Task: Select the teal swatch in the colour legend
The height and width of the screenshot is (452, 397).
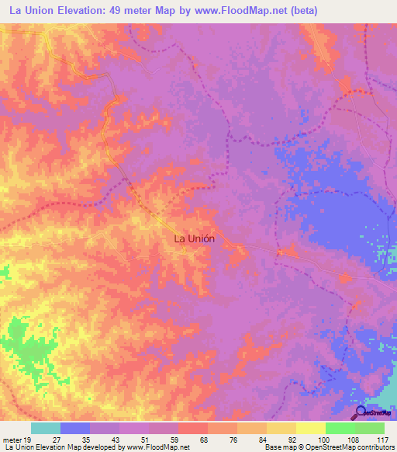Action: (x=45, y=428)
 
